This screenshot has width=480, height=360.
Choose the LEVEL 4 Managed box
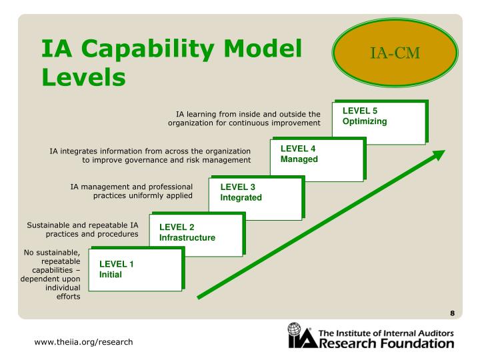coord(317,159)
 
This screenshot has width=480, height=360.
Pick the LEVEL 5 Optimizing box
coord(378,121)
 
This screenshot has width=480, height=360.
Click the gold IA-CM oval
coord(395,53)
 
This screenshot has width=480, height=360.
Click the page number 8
coord(452,313)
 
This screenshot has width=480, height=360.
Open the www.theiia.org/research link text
coord(84,342)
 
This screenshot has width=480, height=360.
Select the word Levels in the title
coord(84,78)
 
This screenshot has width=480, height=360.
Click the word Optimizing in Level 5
coord(365,121)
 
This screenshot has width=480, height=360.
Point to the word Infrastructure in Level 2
coord(187,238)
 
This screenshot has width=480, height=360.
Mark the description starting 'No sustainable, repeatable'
coord(52,275)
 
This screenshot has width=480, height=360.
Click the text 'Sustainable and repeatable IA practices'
coord(83,230)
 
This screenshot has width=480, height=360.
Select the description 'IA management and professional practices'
coord(131,191)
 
